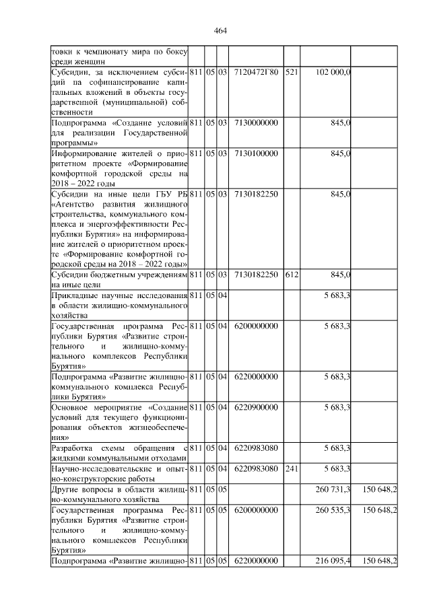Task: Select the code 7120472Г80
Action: point(255,71)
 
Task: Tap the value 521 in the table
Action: point(291,71)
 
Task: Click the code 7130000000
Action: point(255,123)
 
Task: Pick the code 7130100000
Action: point(255,154)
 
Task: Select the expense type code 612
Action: point(291,274)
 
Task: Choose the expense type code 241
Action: point(291,468)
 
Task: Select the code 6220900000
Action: point(255,407)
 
